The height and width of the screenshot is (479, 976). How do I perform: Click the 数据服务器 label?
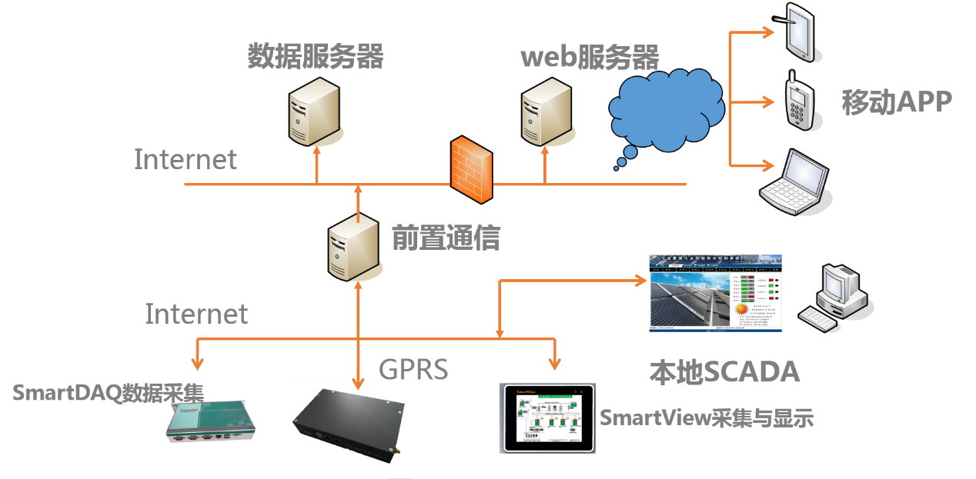point(315,56)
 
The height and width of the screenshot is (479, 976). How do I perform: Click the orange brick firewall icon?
point(471,169)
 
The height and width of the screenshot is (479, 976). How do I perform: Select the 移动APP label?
point(897,102)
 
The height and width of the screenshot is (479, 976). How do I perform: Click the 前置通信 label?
point(446,238)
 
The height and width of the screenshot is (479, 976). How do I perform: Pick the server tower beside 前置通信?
point(353,248)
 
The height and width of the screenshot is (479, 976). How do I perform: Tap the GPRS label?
point(413,370)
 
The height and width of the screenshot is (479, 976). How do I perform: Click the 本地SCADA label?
point(724,372)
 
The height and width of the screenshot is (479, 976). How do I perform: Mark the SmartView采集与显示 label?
point(706,418)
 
